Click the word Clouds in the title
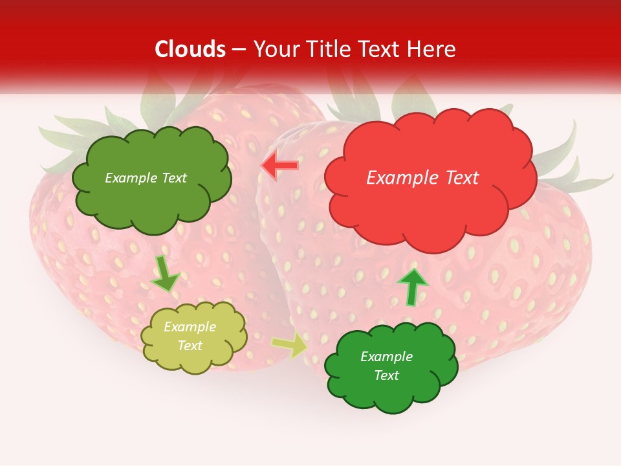pyautogui.click(x=190, y=49)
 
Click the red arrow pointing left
pyautogui.click(x=279, y=166)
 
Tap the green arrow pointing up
pyautogui.click(x=412, y=285)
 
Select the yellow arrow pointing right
pyautogui.click(x=289, y=345)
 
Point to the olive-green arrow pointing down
pyautogui.click(x=166, y=273)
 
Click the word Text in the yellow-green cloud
pyautogui.click(x=190, y=346)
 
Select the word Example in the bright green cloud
pyautogui.click(x=386, y=357)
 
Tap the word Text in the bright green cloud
pyautogui.click(x=386, y=375)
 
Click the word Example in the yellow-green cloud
pyautogui.click(x=190, y=327)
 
